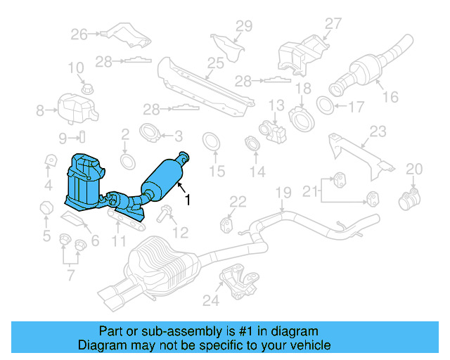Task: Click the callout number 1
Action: [187, 199]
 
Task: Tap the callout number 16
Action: [390, 98]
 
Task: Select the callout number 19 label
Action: [282, 193]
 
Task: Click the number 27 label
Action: [332, 22]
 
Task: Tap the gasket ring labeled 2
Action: [127, 160]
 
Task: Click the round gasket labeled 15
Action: [211, 143]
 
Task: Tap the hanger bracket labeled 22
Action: [229, 225]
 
